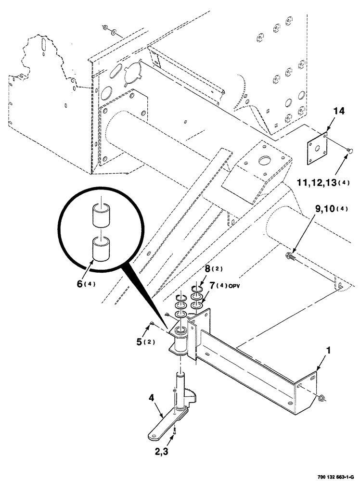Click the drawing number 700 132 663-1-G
(x=330, y=476)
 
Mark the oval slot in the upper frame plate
(x=117, y=70)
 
